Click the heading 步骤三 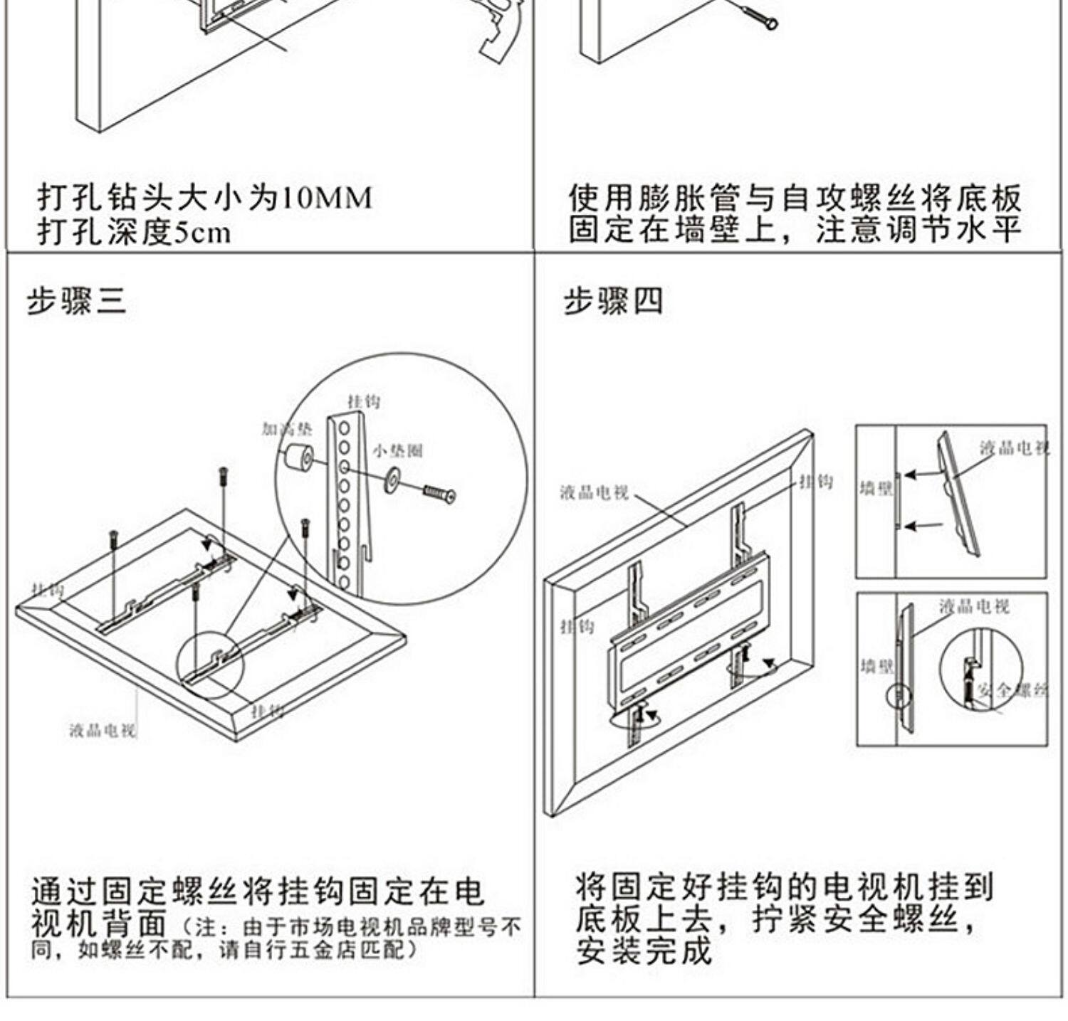pyautogui.click(x=76, y=301)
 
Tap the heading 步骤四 pyautogui.click(x=613, y=301)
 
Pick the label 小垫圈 pyautogui.click(x=397, y=450)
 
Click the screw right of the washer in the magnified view pyautogui.click(x=439, y=493)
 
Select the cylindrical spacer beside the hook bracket pyautogui.click(x=299, y=456)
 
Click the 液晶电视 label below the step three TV pyautogui.click(x=103, y=730)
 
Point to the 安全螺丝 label pyautogui.click(x=1011, y=689)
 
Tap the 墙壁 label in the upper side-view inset pyautogui.click(x=876, y=489)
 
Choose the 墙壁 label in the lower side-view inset pyautogui.click(x=876, y=666)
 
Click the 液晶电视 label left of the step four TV pyautogui.click(x=594, y=492)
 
